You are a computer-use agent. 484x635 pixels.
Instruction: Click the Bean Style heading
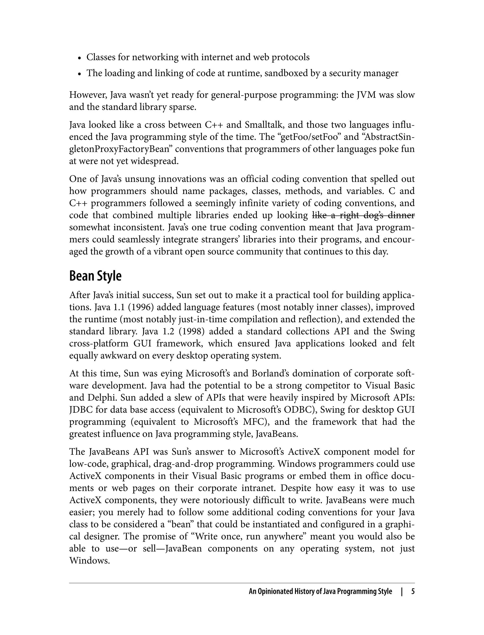click(95, 276)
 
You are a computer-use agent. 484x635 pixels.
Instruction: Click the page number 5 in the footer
click(413, 592)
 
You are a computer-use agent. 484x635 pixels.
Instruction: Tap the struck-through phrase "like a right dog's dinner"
click(363, 215)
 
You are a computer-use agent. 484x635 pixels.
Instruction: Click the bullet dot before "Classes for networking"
click(79, 58)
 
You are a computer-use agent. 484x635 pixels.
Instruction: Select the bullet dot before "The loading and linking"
click(79, 74)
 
